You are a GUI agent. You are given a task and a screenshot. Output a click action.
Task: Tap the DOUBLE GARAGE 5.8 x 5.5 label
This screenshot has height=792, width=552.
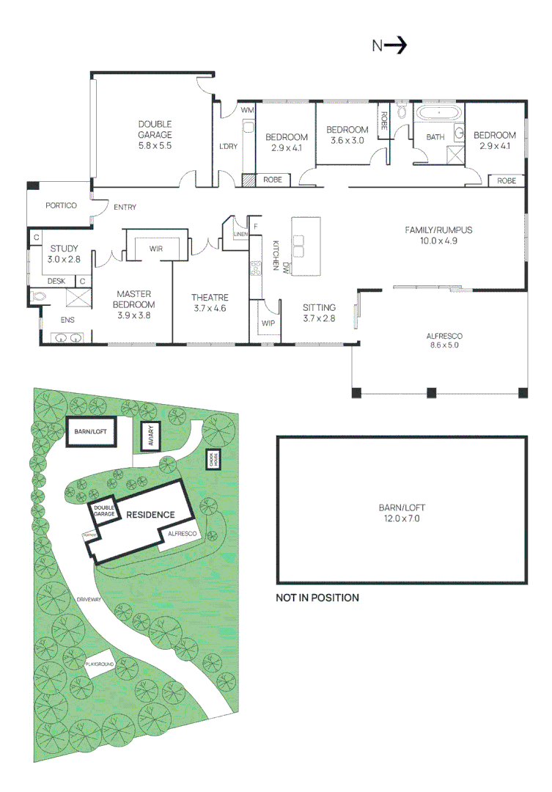tap(155, 135)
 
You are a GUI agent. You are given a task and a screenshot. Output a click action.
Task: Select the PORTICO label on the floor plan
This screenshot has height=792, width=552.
tap(60, 206)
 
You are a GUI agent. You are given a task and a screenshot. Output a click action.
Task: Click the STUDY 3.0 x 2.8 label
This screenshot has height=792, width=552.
tap(64, 254)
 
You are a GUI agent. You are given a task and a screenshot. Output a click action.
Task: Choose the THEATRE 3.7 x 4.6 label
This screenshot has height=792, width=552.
tap(210, 302)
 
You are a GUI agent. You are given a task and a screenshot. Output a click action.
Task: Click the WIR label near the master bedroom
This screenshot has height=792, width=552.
tap(155, 249)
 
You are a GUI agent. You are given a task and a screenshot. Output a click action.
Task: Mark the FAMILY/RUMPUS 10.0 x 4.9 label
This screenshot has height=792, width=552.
tap(438, 235)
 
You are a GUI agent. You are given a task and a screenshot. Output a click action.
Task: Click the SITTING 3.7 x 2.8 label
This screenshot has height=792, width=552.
tap(319, 312)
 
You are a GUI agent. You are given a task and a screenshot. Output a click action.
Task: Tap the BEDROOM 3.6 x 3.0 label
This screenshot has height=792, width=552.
tap(347, 135)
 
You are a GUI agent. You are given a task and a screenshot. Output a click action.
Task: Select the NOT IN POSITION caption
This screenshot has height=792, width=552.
tap(317, 598)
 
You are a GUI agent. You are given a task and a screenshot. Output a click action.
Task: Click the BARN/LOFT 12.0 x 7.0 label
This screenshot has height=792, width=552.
tap(402, 512)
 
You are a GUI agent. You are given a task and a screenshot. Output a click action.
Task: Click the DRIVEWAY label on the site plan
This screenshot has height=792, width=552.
tap(88, 600)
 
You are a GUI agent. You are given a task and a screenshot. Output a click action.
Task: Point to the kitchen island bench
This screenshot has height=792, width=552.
tap(307, 245)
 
